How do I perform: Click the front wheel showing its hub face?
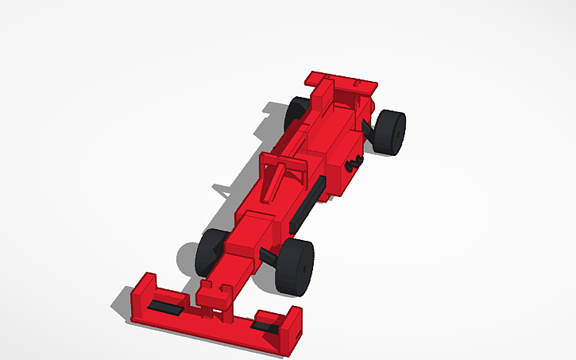pyautogui.click(x=296, y=266)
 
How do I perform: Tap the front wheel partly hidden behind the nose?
pyautogui.click(x=211, y=249)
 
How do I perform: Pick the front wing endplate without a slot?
pyautogui.click(x=143, y=293)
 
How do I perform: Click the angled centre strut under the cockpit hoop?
pyautogui.click(x=278, y=179)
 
